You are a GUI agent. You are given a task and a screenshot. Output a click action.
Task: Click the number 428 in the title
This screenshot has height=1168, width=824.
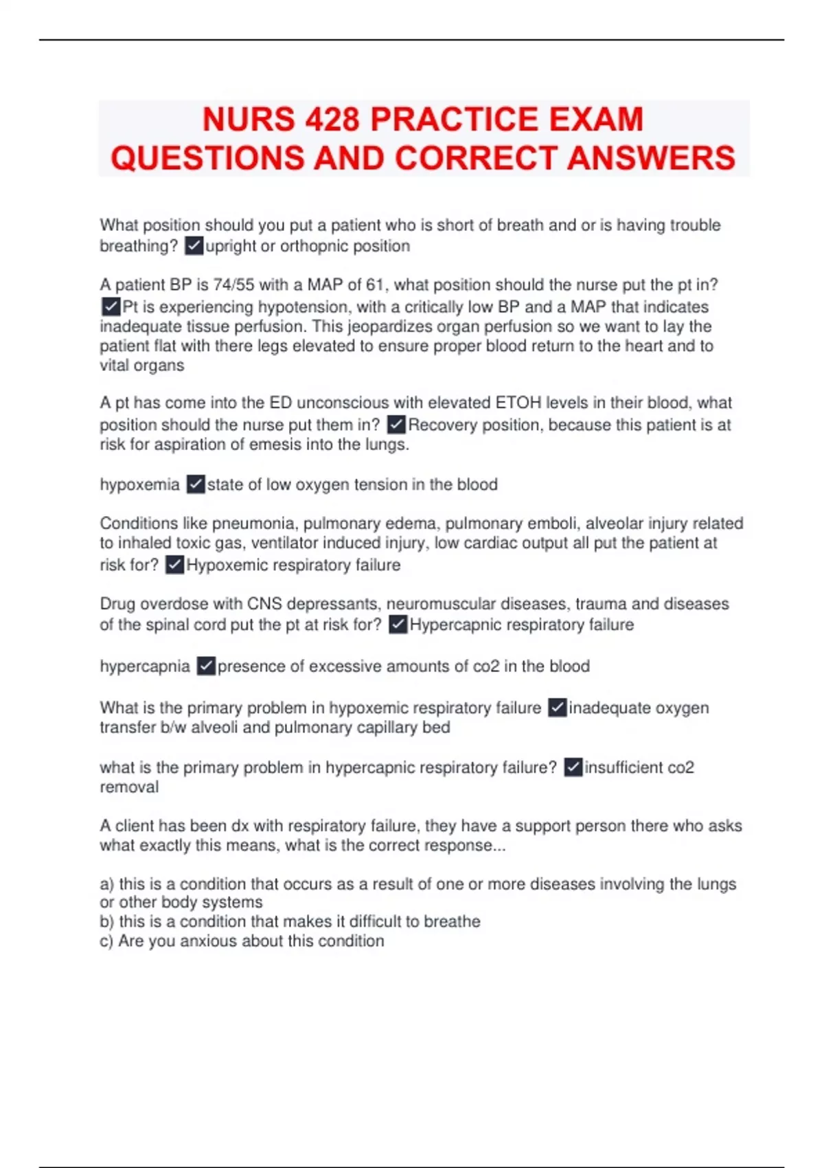pos(332,120)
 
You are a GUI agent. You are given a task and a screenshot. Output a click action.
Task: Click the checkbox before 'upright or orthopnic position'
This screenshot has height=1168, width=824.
pos(194,246)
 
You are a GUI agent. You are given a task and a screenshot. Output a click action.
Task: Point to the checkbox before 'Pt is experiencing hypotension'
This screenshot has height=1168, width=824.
pos(111,306)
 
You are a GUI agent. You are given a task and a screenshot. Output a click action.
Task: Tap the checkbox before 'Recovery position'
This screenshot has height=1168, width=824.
pos(396,425)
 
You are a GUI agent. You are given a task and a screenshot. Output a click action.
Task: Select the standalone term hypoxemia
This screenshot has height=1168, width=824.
pos(139,485)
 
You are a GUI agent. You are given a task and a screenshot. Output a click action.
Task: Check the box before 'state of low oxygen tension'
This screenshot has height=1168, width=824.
pos(196,485)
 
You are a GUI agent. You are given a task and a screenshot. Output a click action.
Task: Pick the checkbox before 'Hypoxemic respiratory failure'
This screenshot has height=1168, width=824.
pos(175,565)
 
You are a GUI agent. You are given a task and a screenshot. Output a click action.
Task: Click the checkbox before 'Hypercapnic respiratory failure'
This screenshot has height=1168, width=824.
pos(398,625)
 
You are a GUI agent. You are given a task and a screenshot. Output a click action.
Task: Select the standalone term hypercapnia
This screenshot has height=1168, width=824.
pos(145,666)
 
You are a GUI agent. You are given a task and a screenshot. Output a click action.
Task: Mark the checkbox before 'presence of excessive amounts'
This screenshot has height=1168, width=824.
pos(206,666)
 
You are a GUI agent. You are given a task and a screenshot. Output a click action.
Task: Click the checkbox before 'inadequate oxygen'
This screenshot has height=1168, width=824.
pos(557,708)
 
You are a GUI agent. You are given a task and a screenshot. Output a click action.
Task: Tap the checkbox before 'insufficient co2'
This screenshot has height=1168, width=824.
pos(573,767)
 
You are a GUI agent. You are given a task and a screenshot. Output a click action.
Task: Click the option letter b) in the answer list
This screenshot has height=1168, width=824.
pos(107,922)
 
